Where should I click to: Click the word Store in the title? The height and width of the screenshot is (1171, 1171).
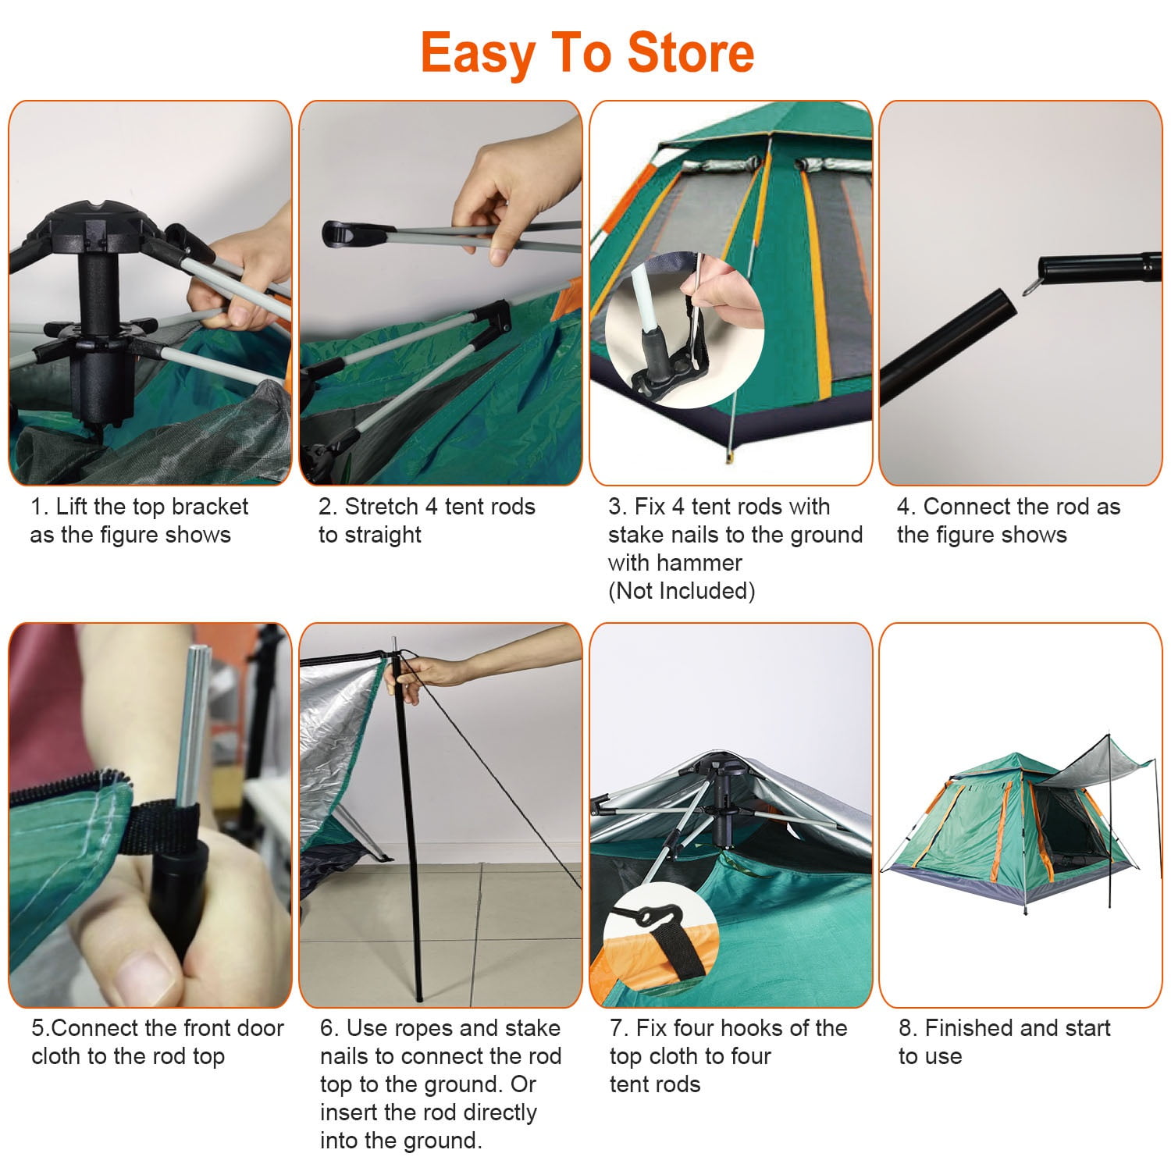tap(690, 53)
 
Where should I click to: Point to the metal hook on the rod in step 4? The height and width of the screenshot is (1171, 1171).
tap(1029, 288)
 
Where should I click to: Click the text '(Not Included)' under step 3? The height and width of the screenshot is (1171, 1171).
tap(682, 591)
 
